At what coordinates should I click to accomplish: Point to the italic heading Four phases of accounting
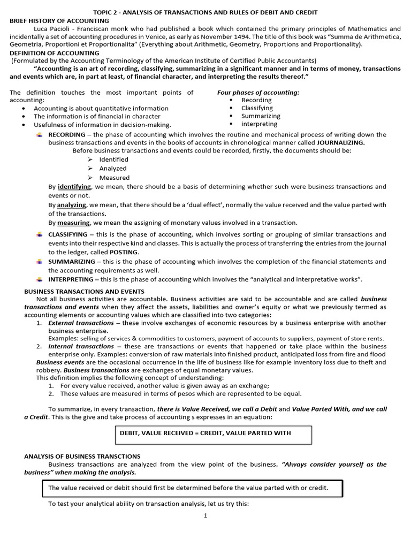click(x=258, y=93)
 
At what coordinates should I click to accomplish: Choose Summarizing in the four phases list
click(x=261, y=116)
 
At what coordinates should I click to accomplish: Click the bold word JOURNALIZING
click(x=341, y=143)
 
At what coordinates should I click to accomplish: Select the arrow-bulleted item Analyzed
click(x=113, y=169)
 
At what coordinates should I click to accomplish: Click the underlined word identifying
click(x=74, y=187)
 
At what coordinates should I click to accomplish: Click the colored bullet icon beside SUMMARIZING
click(x=39, y=261)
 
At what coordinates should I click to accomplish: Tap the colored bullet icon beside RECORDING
click(x=39, y=134)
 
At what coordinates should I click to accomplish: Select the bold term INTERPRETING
click(x=71, y=279)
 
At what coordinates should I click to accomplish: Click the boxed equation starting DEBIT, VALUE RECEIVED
click(x=213, y=433)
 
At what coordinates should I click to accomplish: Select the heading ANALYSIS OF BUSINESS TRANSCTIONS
click(x=74, y=456)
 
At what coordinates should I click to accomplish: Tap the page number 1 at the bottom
click(x=205, y=515)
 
